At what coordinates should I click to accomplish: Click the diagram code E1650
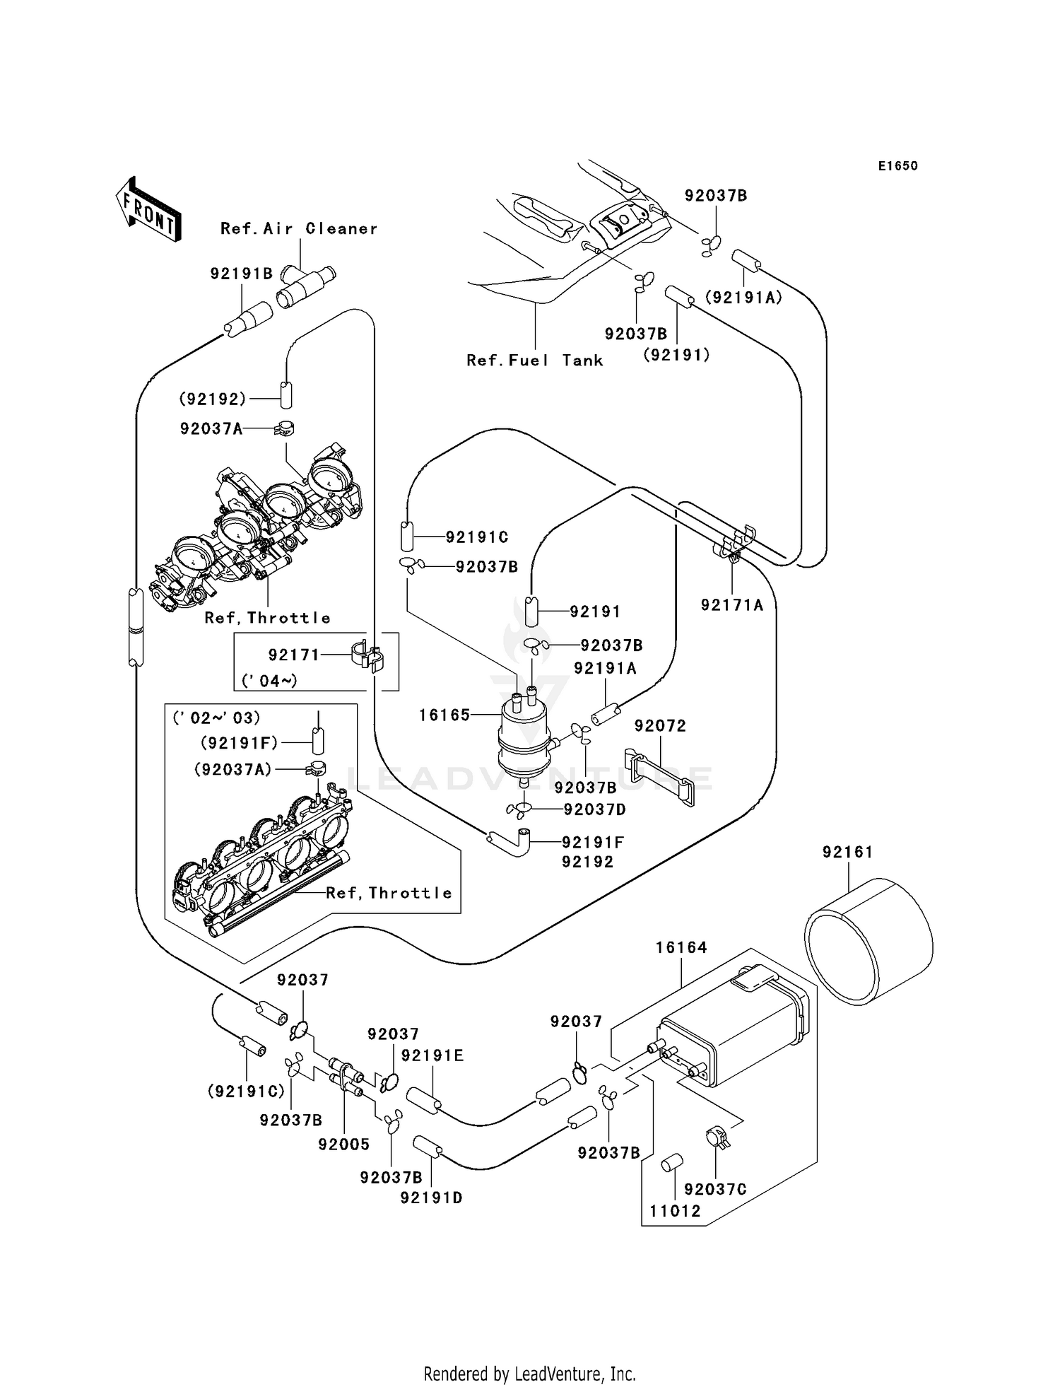click(x=897, y=166)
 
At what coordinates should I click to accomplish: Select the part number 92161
click(x=847, y=853)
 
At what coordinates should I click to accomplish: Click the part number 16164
click(x=681, y=947)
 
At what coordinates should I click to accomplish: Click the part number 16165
click(x=444, y=715)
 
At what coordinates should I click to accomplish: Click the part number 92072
click(x=660, y=726)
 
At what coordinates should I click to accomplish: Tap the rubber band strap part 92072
click(x=660, y=778)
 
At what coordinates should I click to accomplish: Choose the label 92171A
click(x=732, y=605)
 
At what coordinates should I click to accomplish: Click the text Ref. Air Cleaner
click(x=299, y=229)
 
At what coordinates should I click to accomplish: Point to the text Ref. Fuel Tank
click(x=535, y=361)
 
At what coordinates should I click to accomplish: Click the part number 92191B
click(x=241, y=274)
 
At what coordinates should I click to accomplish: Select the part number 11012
click(x=675, y=1211)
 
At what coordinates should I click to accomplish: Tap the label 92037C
click(x=715, y=1190)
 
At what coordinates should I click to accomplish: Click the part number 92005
click(x=343, y=1145)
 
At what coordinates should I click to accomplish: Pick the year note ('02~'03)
click(x=216, y=718)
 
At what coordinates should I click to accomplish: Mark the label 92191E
click(x=432, y=1055)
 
